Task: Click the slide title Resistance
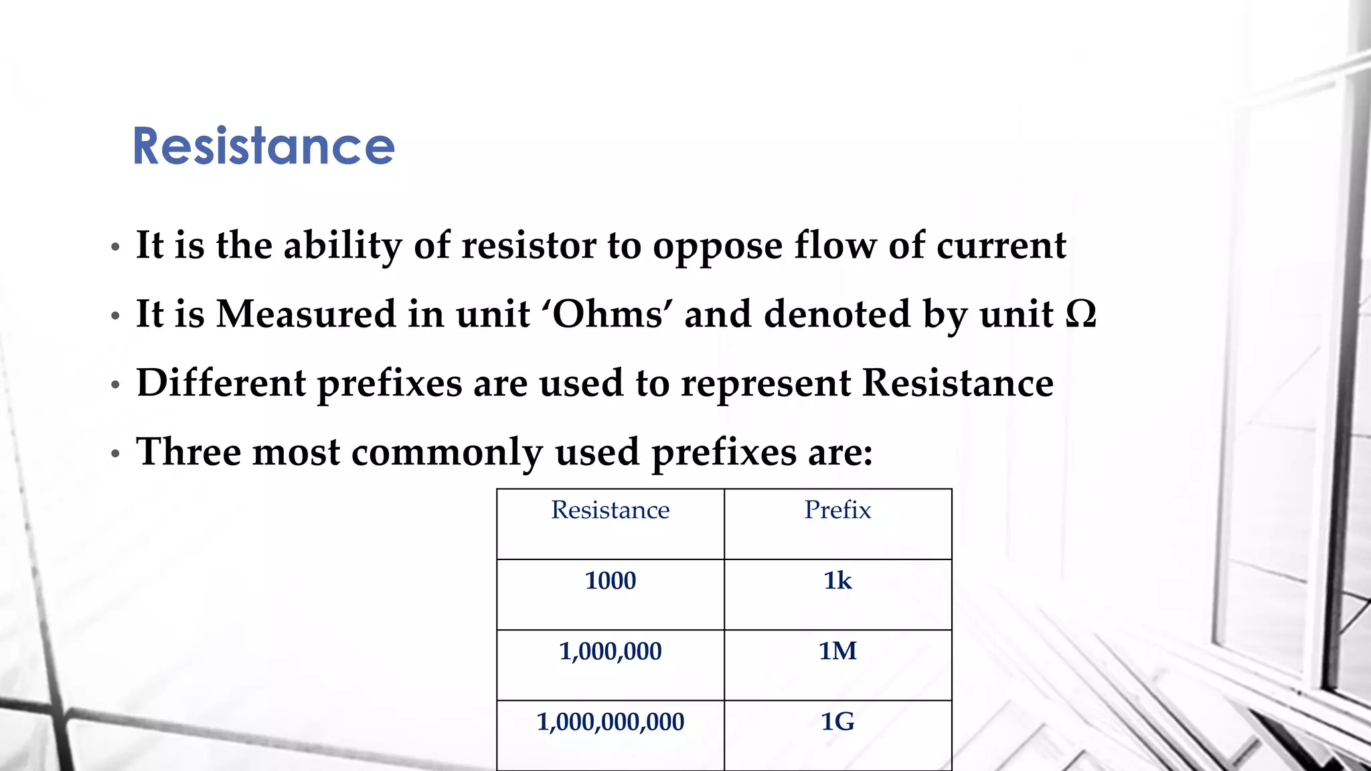coord(264,146)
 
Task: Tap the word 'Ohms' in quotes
coord(611,314)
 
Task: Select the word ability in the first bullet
coord(342,246)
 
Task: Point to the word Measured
coord(306,314)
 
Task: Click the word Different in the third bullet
coord(221,383)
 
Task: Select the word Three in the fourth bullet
coord(188,452)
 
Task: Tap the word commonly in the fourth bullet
coord(447,453)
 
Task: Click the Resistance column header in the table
coord(610,511)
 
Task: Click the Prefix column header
coord(837,511)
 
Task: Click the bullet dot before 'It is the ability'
coord(115,248)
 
